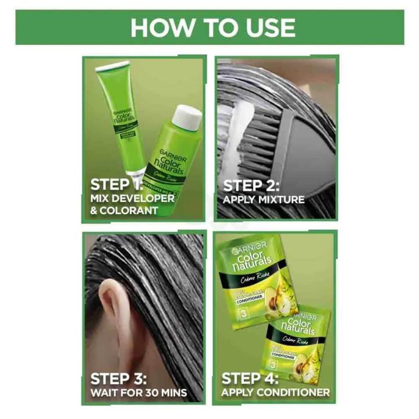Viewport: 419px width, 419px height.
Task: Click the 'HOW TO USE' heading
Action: [212, 27]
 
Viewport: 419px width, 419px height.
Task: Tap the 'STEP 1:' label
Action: [116, 185]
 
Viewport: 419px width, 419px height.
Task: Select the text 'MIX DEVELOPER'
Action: [132, 198]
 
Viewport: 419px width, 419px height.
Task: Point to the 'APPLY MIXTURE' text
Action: [264, 200]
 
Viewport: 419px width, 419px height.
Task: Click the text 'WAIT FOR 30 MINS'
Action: [139, 393]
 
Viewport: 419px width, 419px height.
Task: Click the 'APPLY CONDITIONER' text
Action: [275, 393]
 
